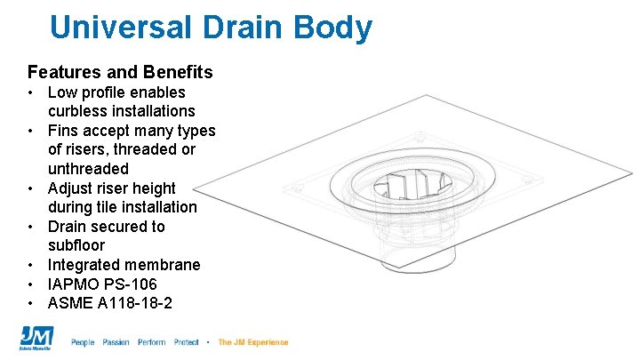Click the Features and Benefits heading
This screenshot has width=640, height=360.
click(120, 71)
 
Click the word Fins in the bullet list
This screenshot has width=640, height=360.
click(62, 131)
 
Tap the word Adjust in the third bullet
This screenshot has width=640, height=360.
click(69, 188)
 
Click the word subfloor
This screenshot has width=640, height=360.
click(76, 245)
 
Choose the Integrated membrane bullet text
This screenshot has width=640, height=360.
click(124, 265)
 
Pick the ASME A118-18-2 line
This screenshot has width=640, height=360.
click(110, 304)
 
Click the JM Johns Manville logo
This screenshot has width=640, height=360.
click(36, 339)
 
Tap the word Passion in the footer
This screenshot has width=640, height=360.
click(116, 342)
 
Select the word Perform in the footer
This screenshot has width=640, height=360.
click(151, 342)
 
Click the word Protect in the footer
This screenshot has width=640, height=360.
click(187, 342)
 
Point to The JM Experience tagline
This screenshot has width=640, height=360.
click(252, 342)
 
